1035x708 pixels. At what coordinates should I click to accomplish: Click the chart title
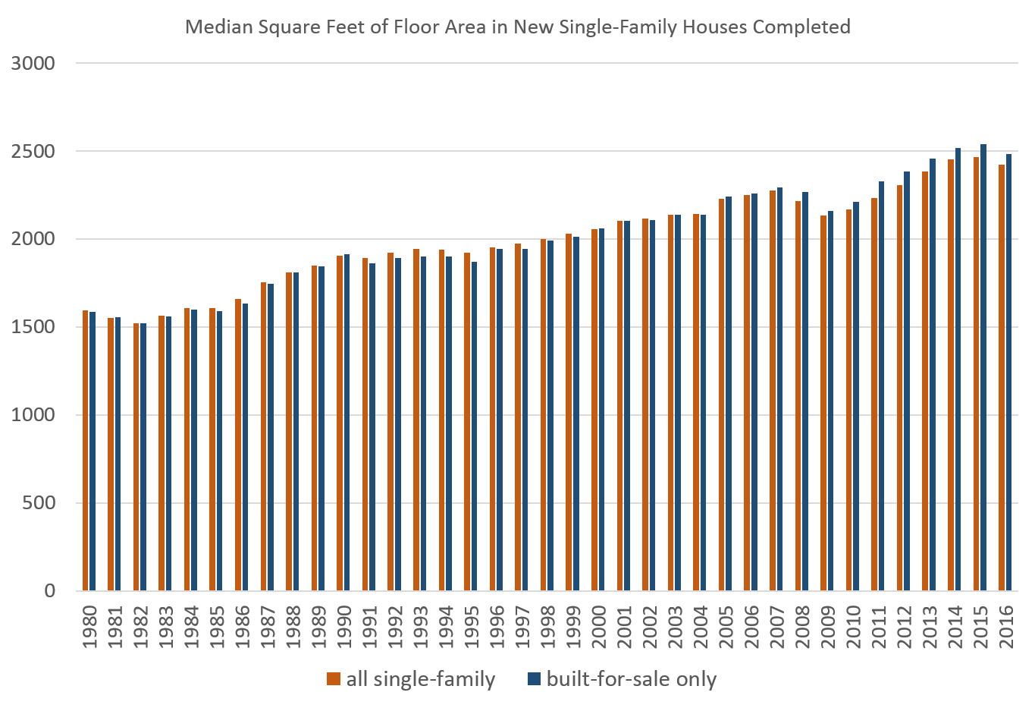tap(518, 27)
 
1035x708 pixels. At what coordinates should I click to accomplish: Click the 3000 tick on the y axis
tap(33, 63)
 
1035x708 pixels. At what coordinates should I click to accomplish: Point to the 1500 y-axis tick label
tap(33, 327)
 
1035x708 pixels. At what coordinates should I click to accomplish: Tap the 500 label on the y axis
tap(39, 503)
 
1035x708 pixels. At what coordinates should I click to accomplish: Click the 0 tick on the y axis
tap(50, 591)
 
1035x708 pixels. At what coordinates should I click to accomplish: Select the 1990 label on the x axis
tap(344, 626)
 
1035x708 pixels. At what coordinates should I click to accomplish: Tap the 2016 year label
tap(1006, 626)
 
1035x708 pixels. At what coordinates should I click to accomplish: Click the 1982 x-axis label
tap(140, 626)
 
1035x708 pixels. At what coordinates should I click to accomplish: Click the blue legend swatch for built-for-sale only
tap(534, 679)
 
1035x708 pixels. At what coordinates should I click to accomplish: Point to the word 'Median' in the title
tap(215, 27)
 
